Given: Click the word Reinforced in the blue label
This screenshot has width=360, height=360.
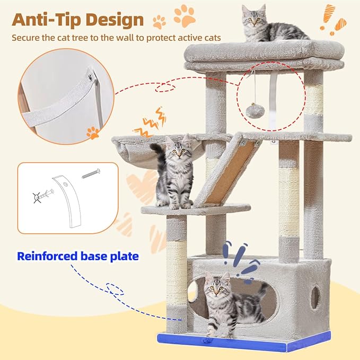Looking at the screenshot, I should (x=46, y=257).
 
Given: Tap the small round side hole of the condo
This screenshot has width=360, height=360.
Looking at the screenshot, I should (x=315, y=297).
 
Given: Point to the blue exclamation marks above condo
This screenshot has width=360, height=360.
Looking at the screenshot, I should (x=238, y=257).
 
